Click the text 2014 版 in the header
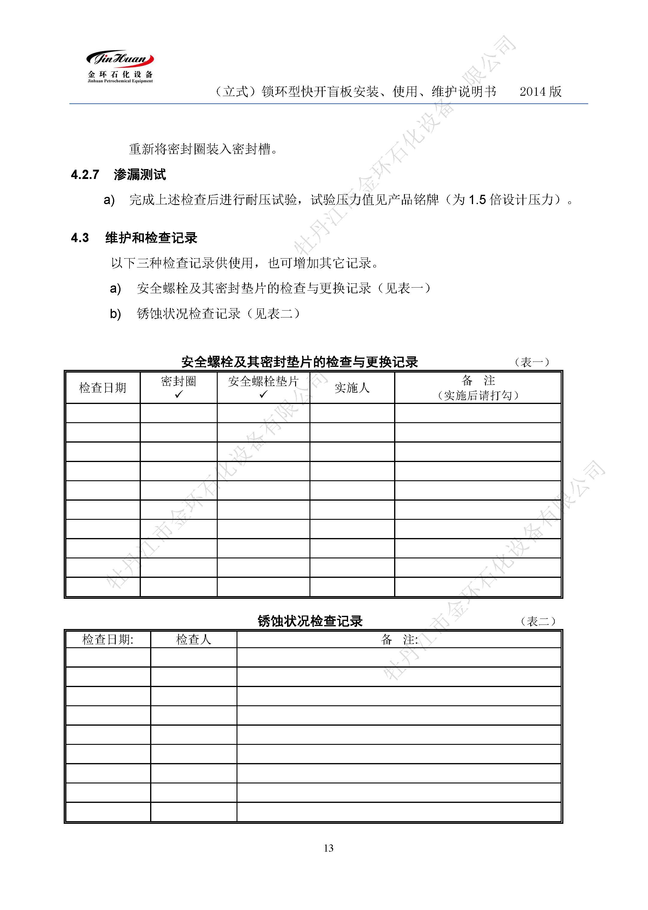[540, 92]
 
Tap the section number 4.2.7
[85, 174]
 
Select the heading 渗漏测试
[140, 174]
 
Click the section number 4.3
[80, 238]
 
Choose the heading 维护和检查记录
[151, 238]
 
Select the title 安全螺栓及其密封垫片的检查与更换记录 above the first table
[299, 362]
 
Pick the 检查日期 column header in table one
[103, 388]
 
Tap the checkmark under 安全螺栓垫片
[263, 394]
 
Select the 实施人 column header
[352, 388]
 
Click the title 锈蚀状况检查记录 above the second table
[310, 621]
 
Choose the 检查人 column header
[193, 640]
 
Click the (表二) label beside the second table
[538, 621]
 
